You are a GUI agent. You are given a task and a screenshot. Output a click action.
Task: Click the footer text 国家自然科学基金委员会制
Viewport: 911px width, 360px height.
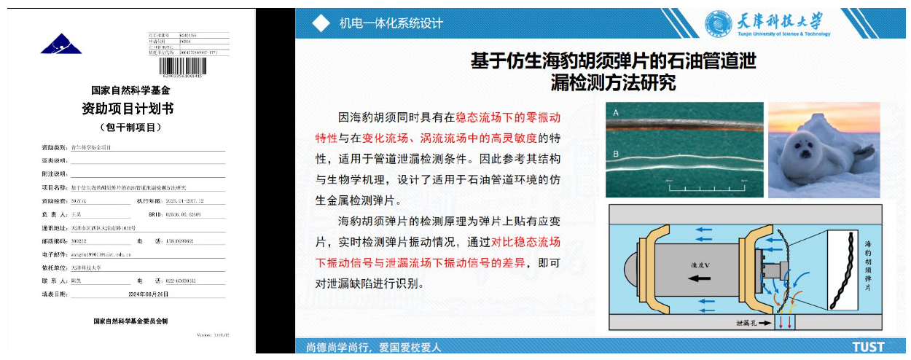(130, 321)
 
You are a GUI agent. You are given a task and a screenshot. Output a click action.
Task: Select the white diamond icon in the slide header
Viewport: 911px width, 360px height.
(321, 23)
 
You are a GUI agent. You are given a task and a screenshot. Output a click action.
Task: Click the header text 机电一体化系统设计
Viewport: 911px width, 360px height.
(391, 23)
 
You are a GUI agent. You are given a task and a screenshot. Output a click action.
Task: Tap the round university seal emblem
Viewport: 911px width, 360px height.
(718, 23)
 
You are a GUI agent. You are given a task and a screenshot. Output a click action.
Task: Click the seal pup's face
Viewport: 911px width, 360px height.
(805, 151)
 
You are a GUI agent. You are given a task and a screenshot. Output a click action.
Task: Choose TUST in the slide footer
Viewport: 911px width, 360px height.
(868, 347)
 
